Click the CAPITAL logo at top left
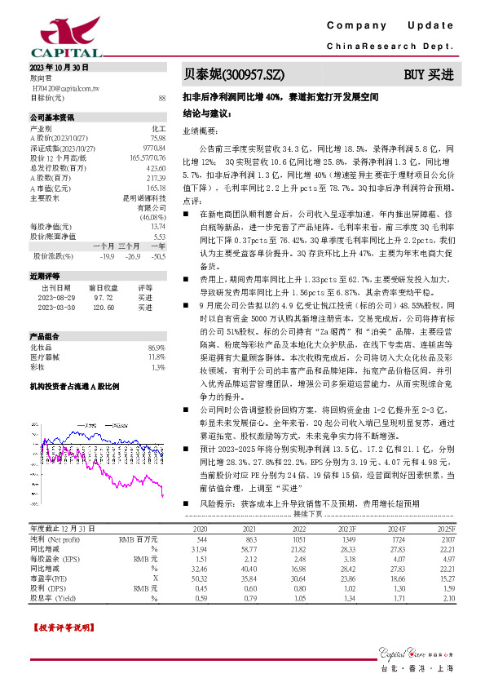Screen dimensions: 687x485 (x=55, y=37)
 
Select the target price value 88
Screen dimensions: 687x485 (x=162, y=97)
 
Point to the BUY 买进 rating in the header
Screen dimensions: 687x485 (x=430, y=74)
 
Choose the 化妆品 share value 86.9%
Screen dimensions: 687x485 (x=157, y=348)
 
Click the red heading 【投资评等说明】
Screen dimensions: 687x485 (x=61, y=628)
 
